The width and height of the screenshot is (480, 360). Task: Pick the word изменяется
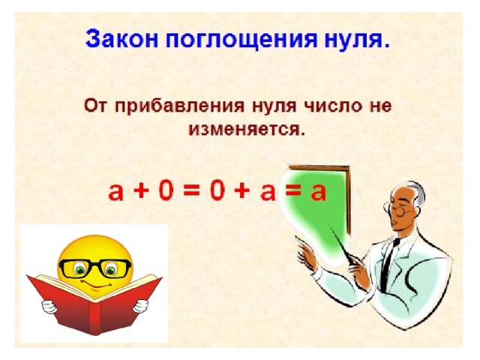[x=247, y=129]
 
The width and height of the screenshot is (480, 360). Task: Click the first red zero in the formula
[x=166, y=191]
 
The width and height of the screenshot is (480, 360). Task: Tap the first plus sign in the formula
[x=141, y=192]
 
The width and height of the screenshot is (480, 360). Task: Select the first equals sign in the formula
[x=192, y=192]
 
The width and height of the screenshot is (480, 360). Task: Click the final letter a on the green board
[x=318, y=193]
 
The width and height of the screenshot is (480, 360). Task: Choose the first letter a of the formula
[x=116, y=193]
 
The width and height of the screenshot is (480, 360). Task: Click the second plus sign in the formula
[x=241, y=192]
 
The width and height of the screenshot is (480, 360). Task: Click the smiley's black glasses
[x=95, y=268]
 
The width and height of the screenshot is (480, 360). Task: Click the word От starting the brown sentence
[x=95, y=106]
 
